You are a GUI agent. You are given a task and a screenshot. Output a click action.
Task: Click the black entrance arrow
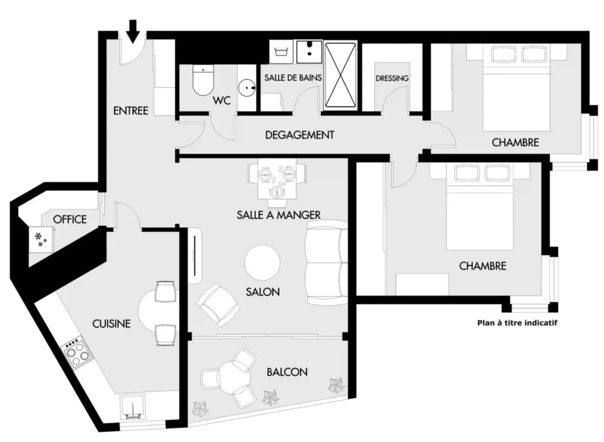(133, 31)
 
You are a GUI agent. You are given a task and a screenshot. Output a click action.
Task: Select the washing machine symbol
(281, 52)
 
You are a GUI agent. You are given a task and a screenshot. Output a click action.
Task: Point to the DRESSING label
(392, 78)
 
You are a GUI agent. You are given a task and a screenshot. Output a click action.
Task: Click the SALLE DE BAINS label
(293, 77)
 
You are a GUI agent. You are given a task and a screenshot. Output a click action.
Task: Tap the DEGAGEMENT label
(300, 135)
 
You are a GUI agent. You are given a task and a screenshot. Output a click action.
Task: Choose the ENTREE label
(131, 110)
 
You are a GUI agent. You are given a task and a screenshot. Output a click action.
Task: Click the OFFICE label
(70, 219)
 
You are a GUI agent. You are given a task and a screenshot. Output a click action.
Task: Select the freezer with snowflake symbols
(40, 240)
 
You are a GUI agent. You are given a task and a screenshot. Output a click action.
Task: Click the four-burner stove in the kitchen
(76, 352)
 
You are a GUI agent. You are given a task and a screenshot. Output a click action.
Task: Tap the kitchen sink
(133, 407)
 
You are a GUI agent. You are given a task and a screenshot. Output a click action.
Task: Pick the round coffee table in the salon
(262, 262)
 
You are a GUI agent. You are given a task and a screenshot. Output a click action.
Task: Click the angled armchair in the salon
(218, 305)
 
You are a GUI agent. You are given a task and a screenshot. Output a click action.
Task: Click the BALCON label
(287, 372)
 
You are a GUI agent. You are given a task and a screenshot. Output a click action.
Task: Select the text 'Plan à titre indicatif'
(517, 322)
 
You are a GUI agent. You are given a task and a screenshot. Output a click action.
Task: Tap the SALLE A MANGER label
(279, 214)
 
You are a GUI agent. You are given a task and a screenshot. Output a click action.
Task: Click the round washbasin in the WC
(247, 87)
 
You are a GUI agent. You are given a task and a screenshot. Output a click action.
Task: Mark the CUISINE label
(111, 324)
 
